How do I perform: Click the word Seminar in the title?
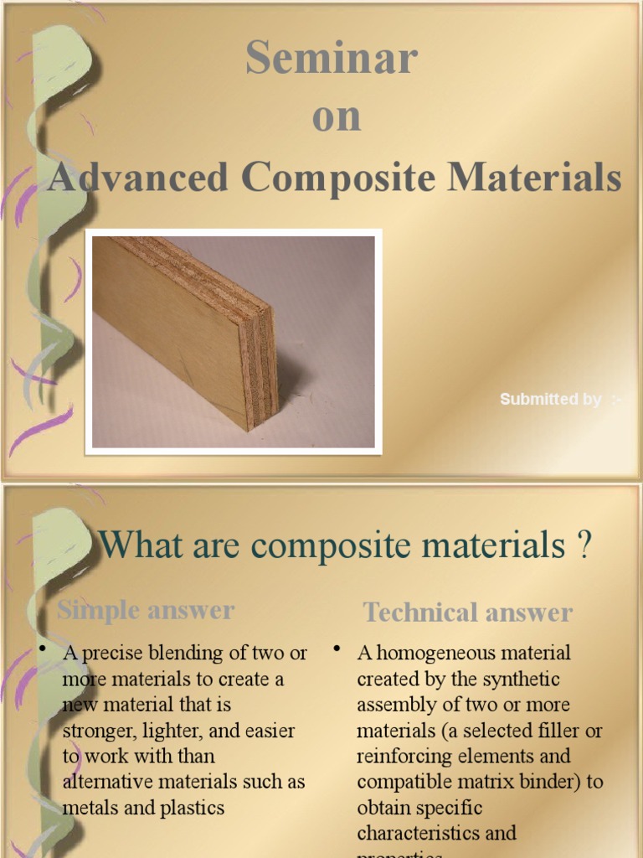(x=332, y=59)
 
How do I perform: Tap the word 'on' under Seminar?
(x=337, y=117)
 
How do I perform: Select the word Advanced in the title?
(x=138, y=178)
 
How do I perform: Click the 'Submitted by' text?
(x=551, y=400)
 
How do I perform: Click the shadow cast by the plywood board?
(x=301, y=385)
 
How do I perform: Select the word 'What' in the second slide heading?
(x=137, y=546)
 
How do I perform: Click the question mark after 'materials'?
(x=584, y=546)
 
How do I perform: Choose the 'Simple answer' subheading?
(x=146, y=610)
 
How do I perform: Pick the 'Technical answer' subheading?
(x=467, y=612)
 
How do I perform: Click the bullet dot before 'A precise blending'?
(x=43, y=649)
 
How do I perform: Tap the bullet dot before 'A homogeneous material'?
(x=337, y=649)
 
